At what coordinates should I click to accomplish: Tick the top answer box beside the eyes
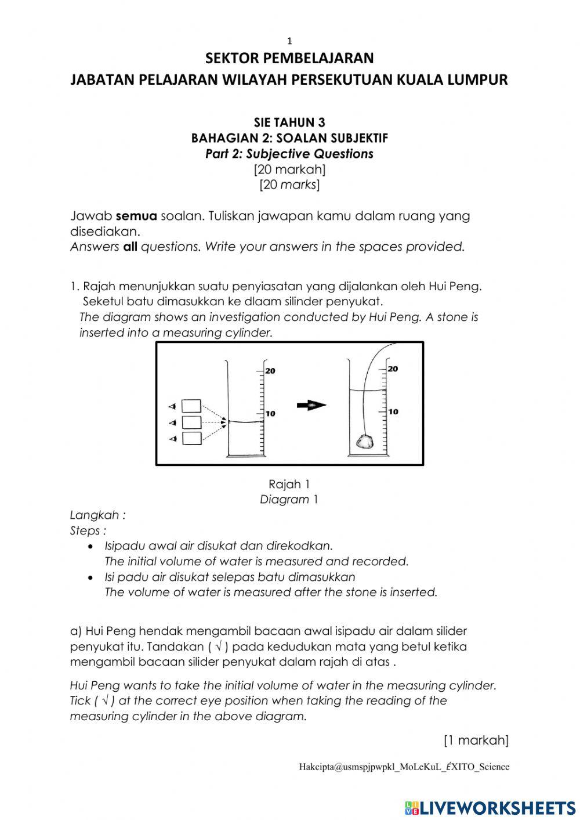coord(191,406)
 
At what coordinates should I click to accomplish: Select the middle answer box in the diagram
coord(191,422)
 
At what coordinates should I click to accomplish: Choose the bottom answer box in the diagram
coord(191,438)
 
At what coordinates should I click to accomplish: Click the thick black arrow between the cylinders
coord(311,405)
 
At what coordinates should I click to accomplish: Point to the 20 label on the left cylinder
coord(270,371)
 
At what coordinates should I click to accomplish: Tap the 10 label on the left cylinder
coord(270,413)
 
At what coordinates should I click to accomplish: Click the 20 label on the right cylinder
coord(393,369)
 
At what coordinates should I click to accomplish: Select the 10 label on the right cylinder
coord(393,411)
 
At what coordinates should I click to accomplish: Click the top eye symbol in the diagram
coord(172,406)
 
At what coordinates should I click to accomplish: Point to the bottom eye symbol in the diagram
coord(172,439)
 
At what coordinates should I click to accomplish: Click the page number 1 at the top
coord(289,41)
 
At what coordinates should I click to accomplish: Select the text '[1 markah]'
coord(476,740)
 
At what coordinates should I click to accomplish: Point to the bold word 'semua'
coord(136,216)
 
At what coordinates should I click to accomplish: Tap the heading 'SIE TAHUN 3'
coord(289,122)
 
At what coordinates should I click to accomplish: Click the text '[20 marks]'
coord(289,185)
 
